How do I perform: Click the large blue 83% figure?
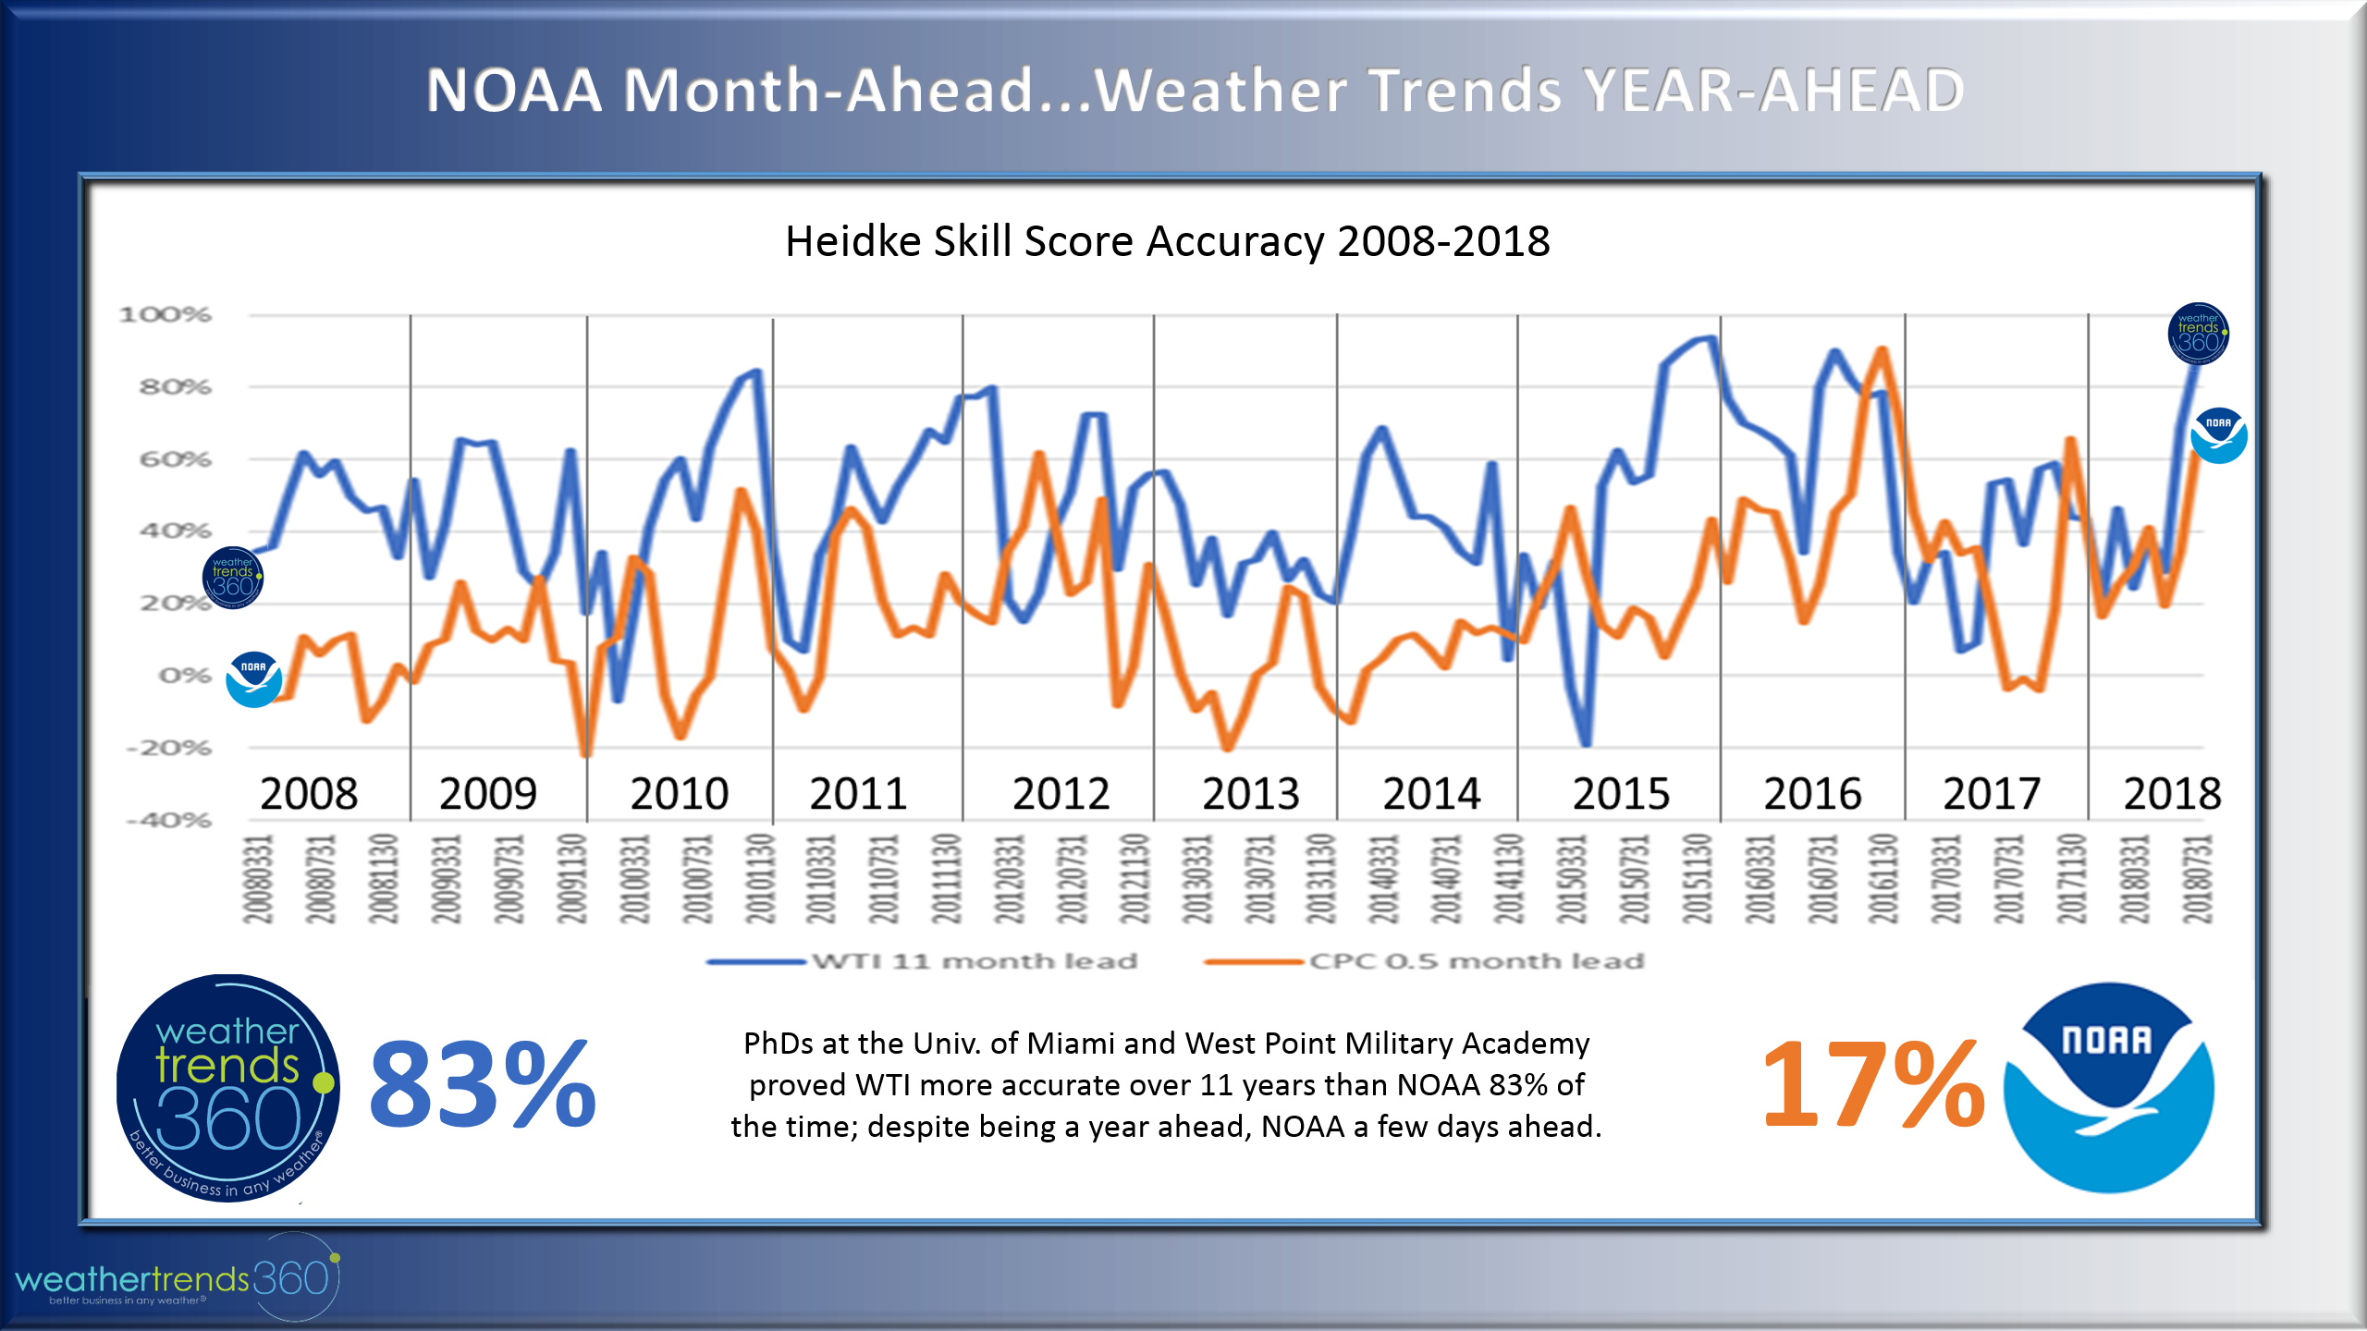pos(482,1084)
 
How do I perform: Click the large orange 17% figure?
pos(1873,1084)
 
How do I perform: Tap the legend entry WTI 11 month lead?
pos(974,961)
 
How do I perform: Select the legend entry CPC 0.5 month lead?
pos(1476,961)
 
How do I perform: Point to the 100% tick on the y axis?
pos(166,315)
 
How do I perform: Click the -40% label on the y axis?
pos(169,820)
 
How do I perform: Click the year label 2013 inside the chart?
pos(1250,794)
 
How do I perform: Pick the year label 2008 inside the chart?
pos(309,794)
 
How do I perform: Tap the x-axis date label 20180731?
pos(2198,879)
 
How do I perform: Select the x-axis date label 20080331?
pos(258,879)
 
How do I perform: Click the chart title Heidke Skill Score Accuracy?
pos(1167,242)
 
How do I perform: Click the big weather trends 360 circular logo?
pos(227,1088)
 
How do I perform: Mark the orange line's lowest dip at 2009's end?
pos(585,753)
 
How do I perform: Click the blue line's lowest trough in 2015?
pos(1586,742)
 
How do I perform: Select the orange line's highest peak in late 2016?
pos(1883,350)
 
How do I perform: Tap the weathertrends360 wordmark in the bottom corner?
pos(176,1280)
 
